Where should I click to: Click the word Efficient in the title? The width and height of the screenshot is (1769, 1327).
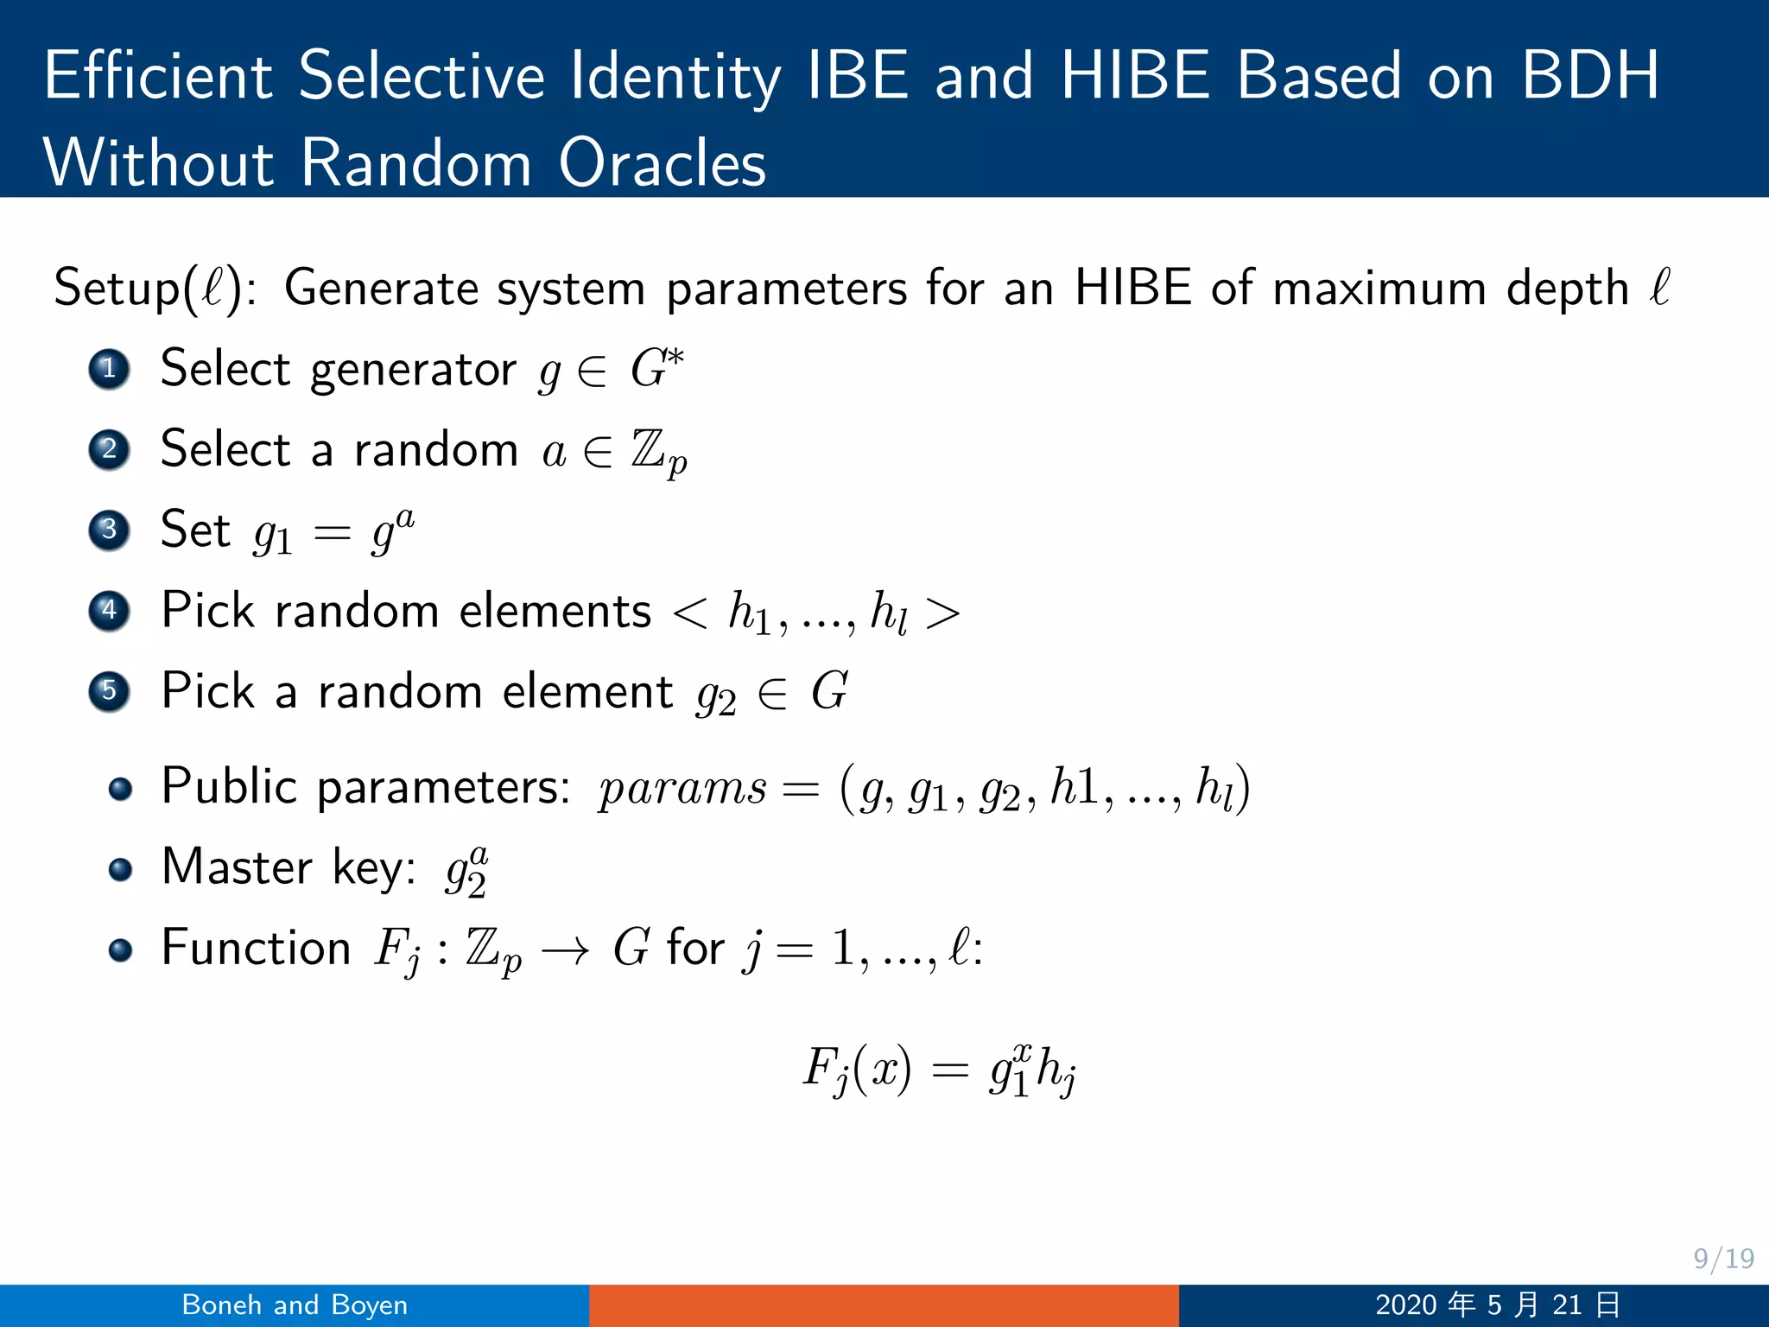[x=158, y=76]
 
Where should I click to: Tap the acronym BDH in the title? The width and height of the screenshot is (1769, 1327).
[x=1589, y=76]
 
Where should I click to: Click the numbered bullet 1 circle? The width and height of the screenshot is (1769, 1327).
[x=109, y=369]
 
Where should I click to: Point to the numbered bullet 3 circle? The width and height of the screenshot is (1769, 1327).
[x=109, y=530]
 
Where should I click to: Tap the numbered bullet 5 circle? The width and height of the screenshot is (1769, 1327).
[x=109, y=691]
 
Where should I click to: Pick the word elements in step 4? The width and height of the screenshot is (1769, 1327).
[x=555, y=611]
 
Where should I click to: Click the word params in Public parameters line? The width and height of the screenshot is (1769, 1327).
[x=682, y=788]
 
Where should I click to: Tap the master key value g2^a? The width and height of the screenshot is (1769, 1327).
[x=466, y=870]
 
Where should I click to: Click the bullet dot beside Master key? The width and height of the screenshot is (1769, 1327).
[x=120, y=869]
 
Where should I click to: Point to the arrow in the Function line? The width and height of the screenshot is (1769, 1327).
[x=566, y=950]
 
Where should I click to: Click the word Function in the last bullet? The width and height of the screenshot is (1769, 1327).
[x=256, y=948]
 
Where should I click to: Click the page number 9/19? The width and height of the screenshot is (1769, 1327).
[x=1723, y=1259]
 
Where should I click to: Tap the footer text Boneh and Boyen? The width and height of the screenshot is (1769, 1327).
[x=295, y=1305]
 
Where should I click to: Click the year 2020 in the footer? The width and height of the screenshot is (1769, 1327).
[x=1405, y=1305]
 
